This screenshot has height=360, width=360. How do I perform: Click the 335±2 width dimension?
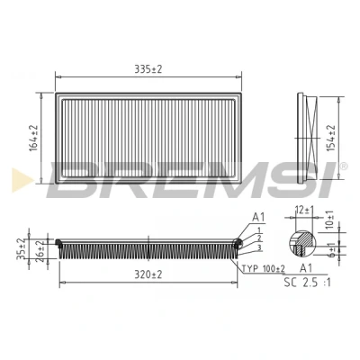(148, 69)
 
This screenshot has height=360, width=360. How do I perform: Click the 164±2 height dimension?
(34, 138)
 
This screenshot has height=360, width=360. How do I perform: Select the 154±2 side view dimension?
(331, 138)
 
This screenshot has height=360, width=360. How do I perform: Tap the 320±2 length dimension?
(148, 274)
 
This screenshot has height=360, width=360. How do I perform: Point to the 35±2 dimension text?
(21, 249)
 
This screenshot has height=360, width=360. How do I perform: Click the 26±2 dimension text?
(40, 251)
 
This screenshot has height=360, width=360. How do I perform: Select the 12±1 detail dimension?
(303, 211)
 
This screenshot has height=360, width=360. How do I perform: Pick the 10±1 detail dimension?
(329, 220)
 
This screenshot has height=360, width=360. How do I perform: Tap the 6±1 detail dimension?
(331, 249)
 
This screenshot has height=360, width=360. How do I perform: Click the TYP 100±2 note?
(264, 268)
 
